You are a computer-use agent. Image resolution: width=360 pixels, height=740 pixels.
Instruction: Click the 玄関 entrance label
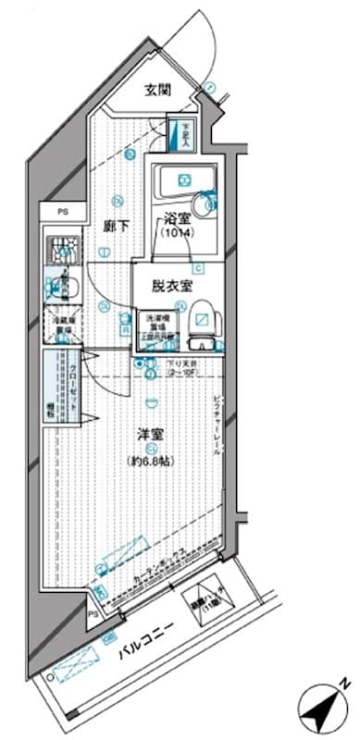point(157,90)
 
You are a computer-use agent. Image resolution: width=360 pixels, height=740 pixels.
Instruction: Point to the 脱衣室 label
point(171,286)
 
